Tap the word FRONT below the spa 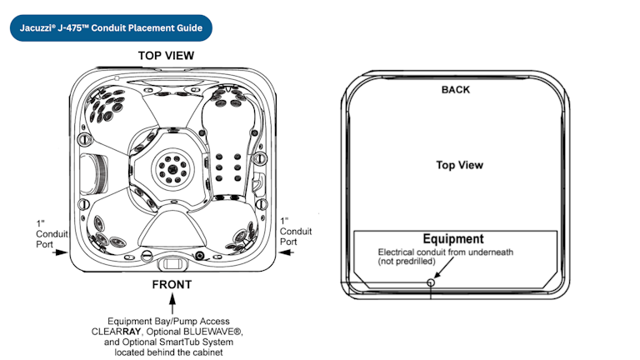pos(172,285)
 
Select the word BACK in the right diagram pos(456,89)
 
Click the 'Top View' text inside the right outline pos(459,165)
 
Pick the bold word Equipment pos(453,239)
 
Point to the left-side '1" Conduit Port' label pos(47,234)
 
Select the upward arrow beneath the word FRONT pos(172,307)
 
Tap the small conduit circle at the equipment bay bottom pos(430,282)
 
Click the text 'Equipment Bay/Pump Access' pos(172,321)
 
